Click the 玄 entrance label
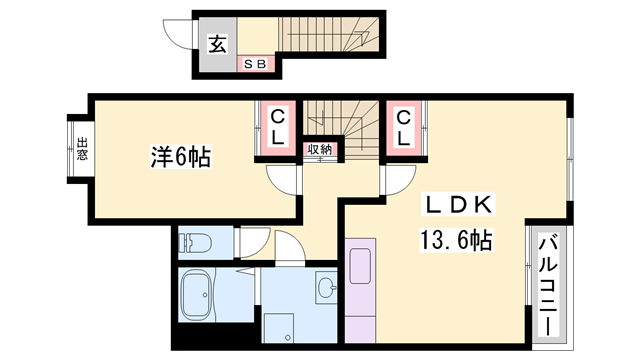pyautogui.click(x=217, y=44)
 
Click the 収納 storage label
pyautogui.click(x=320, y=150)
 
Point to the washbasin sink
pyautogui.click(x=327, y=289)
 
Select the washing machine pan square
pyautogui.click(x=279, y=327)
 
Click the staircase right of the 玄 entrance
pyautogui.click(x=330, y=40)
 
